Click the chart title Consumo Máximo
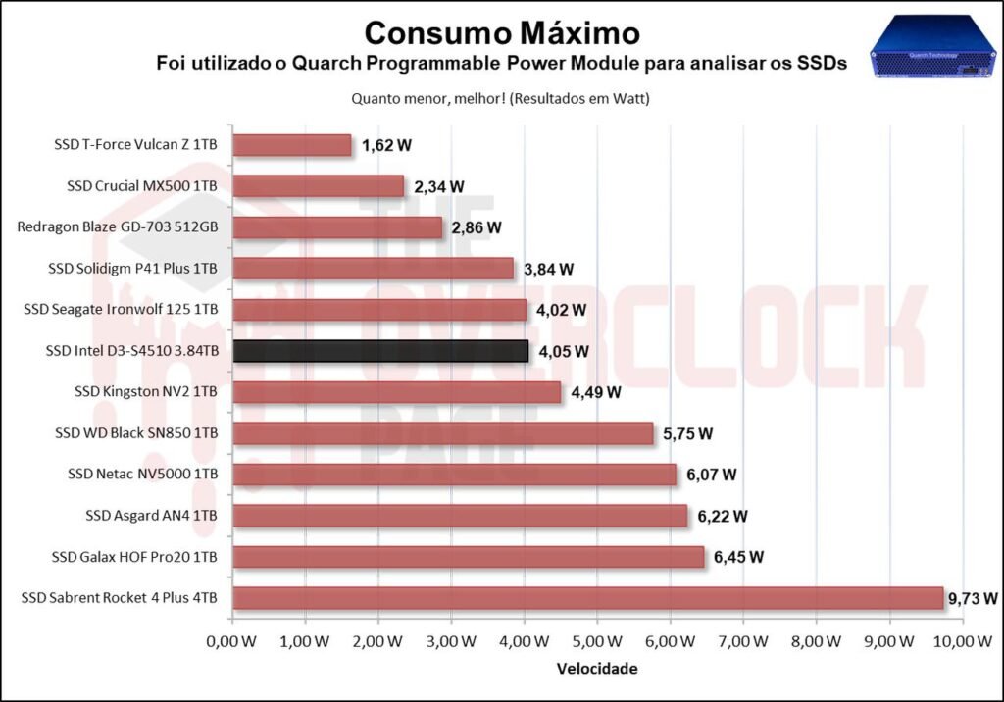coord(501,32)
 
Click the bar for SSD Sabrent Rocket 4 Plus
coord(587,598)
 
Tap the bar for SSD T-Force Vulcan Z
coord(292,145)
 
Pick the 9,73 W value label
coord(974,598)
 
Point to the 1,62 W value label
coord(386,145)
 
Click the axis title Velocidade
coord(596,669)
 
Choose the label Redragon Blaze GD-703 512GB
coord(118,227)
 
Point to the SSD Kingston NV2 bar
coord(396,392)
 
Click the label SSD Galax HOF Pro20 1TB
coord(134,557)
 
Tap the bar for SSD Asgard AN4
coord(460,516)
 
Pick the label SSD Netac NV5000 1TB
coord(142,475)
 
